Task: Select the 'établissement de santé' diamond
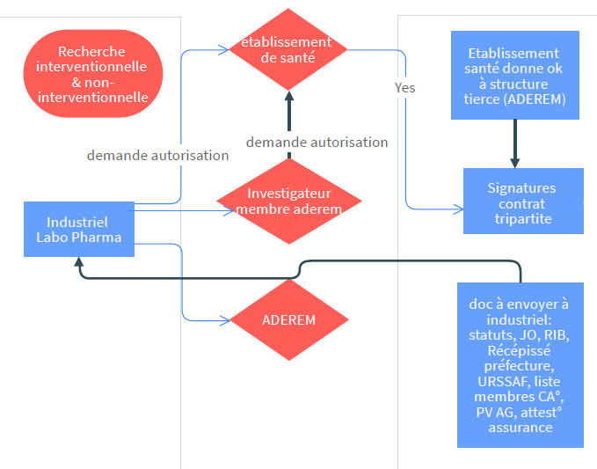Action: [288, 49]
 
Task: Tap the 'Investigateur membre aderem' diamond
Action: [288, 201]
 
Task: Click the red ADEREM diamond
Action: [288, 319]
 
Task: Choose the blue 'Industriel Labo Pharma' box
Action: [79, 229]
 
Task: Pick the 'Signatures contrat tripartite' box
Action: [522, 202]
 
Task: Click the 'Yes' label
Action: [405, 88]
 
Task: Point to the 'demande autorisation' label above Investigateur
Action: [317, 142]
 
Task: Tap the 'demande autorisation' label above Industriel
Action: [157, 155]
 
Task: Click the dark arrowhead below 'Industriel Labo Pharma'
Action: [79, 262]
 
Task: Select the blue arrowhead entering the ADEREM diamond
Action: [225, 319]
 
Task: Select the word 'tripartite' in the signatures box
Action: [522, 218]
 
